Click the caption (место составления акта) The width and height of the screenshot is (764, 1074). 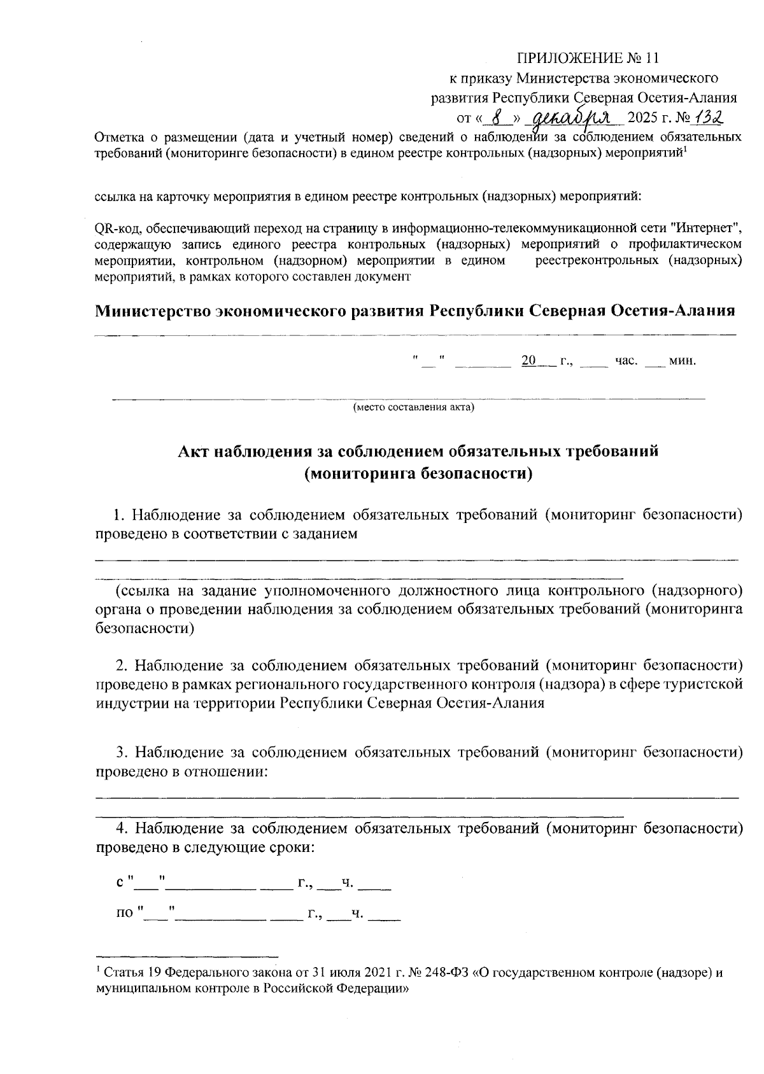pyautogui.click(x=414, y=407)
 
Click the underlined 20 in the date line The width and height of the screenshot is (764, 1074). pyautogui.click(x=528, y=361)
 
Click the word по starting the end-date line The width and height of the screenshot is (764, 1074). pyautogui.click(x=125, y=914)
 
